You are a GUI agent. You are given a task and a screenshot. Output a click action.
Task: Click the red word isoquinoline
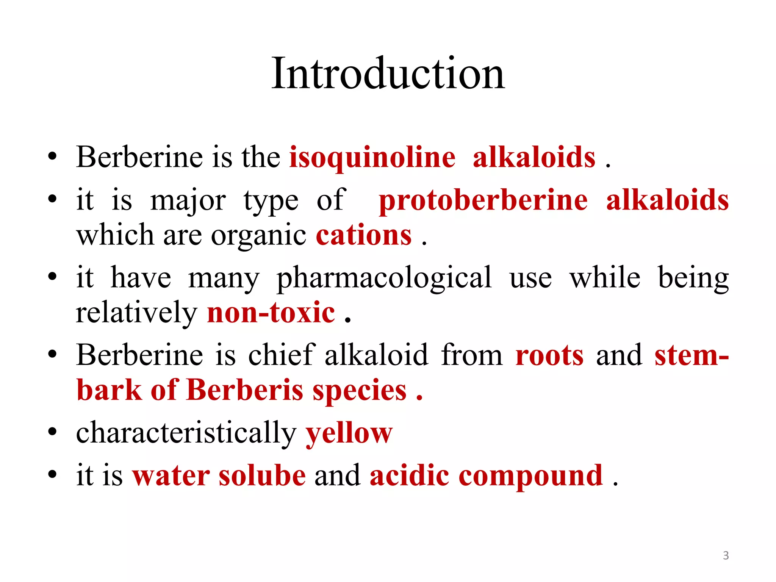coord(372,157)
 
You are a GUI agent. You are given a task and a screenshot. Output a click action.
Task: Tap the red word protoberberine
coord(483,200)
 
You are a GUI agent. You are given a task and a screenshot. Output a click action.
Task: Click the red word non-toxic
coord(271,313)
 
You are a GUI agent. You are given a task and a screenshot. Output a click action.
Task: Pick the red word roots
coord(549,355)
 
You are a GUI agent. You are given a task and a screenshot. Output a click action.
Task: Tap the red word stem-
coord(692,355)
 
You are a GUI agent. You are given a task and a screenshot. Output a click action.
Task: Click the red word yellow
coord(349,433)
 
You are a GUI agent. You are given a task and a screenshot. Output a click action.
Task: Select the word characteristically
coord(186,433)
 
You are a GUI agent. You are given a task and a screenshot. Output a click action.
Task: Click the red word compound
coord(530,476)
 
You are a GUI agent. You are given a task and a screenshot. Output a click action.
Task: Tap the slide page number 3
coord(726,555)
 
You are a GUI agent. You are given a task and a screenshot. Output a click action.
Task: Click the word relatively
coord(136,313)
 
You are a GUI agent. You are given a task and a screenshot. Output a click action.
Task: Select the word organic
coord(258,236)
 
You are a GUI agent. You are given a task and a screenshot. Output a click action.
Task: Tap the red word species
coord(360,390)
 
